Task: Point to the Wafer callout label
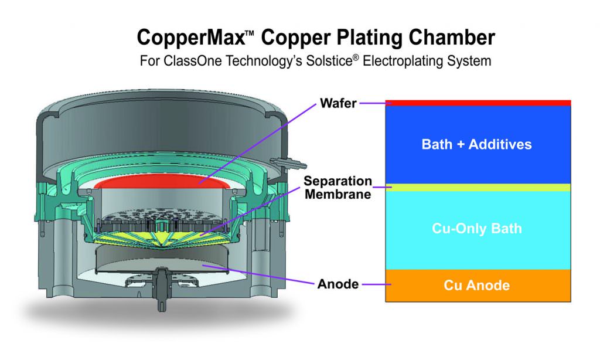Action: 338,103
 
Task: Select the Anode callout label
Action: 337,284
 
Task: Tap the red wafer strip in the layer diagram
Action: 478,103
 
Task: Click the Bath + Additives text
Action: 476,144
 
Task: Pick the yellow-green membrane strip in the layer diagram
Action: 478,188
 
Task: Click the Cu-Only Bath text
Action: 476,228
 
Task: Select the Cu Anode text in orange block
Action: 476,286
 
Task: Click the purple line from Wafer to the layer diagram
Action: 372,103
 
